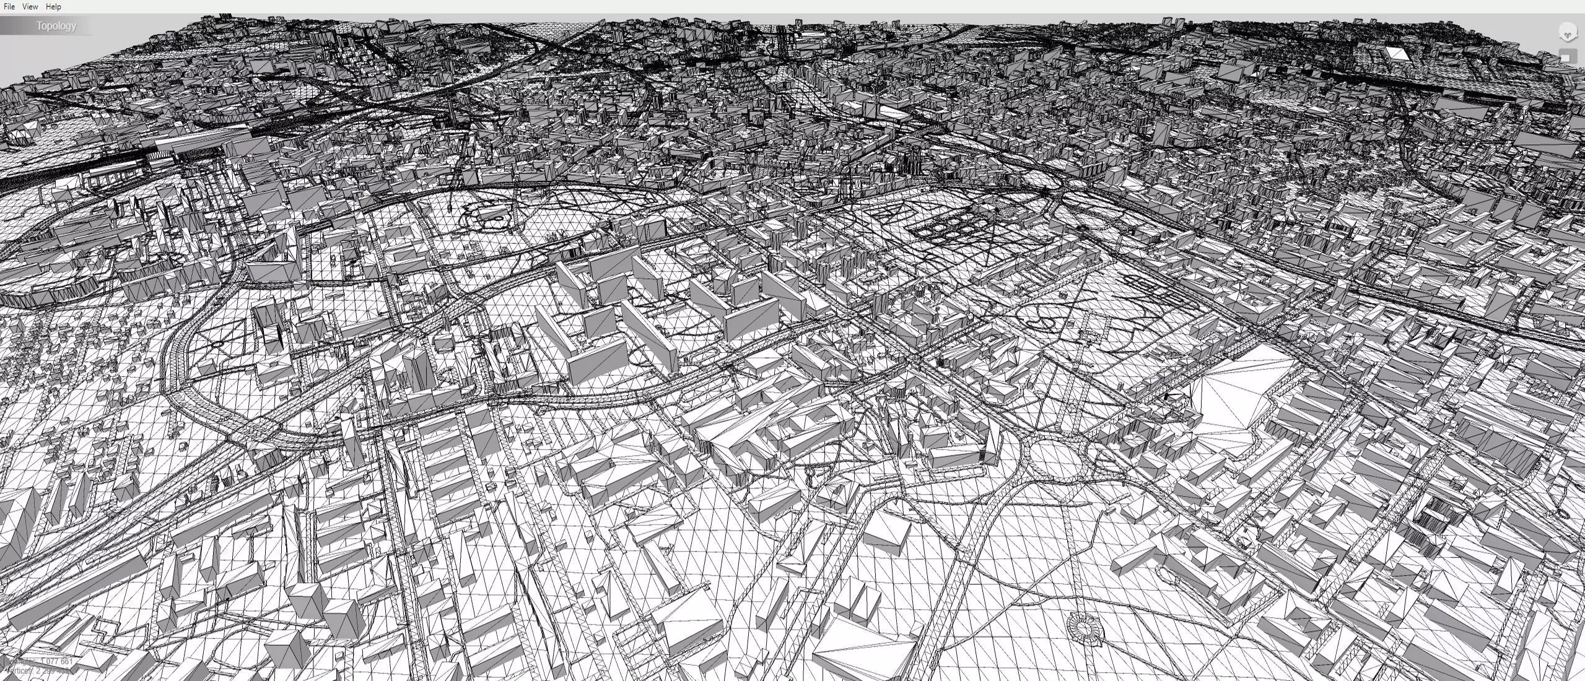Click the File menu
click(x=9, y=6)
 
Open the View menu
click(x=30, y=6)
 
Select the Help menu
click(x=53, y=6)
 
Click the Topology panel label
click(x=56, y=26)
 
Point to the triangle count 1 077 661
click(x=56, y=661)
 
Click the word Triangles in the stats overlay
click(x=21, y=661)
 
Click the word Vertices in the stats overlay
click(x=19, y=670)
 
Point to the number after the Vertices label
click(x=53, y=670)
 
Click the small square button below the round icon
click(x=1566, y=58)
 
